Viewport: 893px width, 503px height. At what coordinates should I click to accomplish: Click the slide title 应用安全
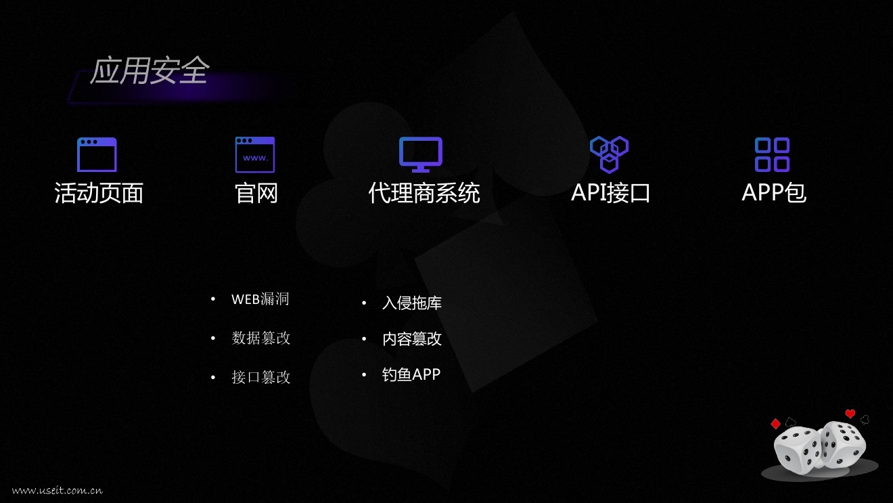(x=150, y=71)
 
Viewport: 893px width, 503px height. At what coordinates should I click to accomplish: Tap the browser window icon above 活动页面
(x=97, y=154)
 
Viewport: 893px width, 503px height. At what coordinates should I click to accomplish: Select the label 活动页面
(x=99, y=193)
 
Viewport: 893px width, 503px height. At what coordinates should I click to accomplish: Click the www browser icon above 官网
(x=255, y=154)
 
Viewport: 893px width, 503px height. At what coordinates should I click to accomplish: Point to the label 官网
(x=256, y=193)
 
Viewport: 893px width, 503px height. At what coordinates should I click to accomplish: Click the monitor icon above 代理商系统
(x=420, y=154)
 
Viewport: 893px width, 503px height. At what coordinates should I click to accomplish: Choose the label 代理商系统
(x=424, y=193)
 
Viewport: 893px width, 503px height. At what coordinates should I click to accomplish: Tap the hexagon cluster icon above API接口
(x=609, y=154)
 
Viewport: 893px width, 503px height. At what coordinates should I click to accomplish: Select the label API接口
(x=610, y=193)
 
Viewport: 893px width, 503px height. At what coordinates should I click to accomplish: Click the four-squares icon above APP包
(x=772, y=154)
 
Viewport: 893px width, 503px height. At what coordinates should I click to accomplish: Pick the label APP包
(x=774, y=193)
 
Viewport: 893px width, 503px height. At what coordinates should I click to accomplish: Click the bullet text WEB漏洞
(x=260, y=299)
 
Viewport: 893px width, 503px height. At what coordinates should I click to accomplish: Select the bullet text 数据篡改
(x=261, y=338)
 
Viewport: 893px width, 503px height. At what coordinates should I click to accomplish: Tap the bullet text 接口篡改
(x=261, y=377)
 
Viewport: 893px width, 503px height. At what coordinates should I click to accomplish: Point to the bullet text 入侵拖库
(x=412, y=303)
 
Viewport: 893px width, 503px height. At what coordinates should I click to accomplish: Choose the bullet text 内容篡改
(x=412, y=338)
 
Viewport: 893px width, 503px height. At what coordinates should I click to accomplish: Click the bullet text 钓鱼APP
(x=411, y=374)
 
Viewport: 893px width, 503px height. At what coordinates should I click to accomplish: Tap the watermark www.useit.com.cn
(x=58, y=490)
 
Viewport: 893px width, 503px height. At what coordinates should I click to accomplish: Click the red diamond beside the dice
(x=775, y=424)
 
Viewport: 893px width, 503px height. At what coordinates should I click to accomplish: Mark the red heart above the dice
(x=850, y=414)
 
